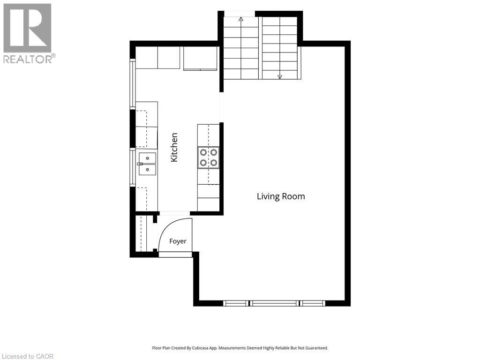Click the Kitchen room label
(174, 147)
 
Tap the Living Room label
(281, 196)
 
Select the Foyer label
(178, 241)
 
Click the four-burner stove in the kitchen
(209, 157)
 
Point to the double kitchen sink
(147, 164)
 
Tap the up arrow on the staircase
(241, 19)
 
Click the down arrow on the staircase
(279, 77)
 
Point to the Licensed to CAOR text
(27, 356)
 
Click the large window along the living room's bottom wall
(274, 303)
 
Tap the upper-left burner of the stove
(203, 152)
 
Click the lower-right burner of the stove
(214, 163)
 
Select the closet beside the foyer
(144, 233)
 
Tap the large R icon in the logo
(27, 28)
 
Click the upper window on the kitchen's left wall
(133, 84)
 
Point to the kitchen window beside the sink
(133, 167)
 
